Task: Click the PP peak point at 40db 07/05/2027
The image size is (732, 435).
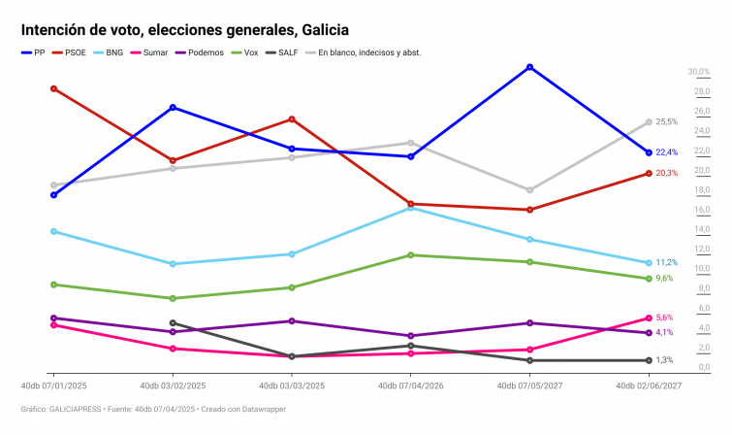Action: coord(529,67)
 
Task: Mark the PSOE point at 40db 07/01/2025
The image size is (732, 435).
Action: coord(54,88)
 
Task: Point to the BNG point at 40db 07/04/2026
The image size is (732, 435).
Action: coord(411,208)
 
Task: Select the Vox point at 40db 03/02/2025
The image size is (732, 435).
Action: coord(173,298)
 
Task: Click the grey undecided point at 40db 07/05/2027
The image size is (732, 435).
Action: coord(529,190)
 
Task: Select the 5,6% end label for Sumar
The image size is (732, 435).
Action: coord(664,318)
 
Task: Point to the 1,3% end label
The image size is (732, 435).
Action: coord(664,360)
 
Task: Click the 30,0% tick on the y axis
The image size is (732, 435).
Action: coord(699,72)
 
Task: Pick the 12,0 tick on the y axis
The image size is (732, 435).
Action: coord(701,250)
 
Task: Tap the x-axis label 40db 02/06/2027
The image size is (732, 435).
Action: coord(648,386)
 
